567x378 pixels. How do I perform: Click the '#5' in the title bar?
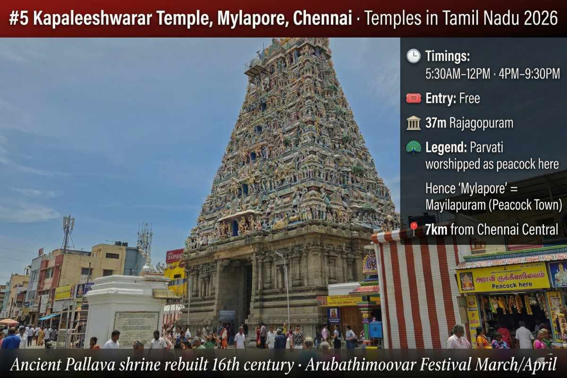tap(18, 18)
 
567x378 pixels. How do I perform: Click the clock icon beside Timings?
tap(413, 56)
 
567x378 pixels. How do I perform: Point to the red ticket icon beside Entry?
tap(413, 98)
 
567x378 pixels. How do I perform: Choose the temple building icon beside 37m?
tap(413, 123)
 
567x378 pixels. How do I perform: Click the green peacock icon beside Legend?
tap(413, 147)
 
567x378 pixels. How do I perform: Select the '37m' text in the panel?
tap(436, 123)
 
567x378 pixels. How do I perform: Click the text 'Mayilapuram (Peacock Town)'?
tap(493, 205)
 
